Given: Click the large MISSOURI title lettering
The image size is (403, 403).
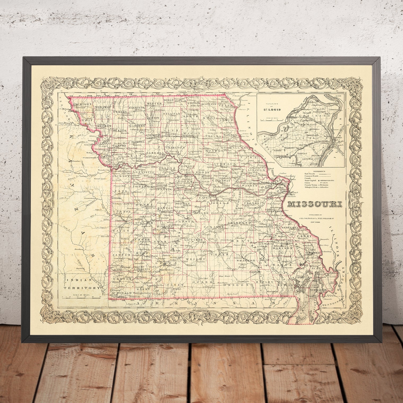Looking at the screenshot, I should coord(315,204).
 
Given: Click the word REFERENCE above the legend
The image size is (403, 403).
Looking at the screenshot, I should coord(312,171).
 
